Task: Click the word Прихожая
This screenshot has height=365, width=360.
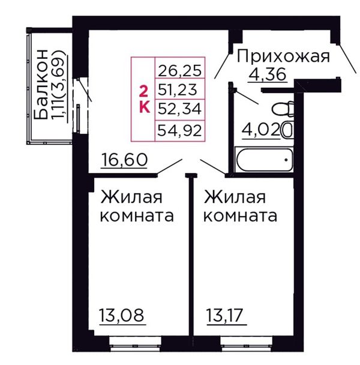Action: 283,56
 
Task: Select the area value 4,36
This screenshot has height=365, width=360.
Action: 268,74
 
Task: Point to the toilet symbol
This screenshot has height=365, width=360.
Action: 283,109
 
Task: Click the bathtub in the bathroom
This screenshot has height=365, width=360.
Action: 265,160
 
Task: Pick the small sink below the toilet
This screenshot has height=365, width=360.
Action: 287,130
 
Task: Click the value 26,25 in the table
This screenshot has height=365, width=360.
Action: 179,70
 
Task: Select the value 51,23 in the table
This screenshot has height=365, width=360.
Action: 178,89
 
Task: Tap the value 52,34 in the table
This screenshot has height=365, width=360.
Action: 179,109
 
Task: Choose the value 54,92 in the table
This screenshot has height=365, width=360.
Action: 179,130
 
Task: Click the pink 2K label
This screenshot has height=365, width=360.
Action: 144,98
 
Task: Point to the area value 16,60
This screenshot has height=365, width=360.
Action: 124,160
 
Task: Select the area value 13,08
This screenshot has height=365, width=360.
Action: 122,315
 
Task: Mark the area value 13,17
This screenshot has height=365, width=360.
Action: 225,315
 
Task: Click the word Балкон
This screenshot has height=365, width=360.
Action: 41,85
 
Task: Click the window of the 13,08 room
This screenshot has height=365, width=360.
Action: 135,343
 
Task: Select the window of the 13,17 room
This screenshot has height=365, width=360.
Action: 247,343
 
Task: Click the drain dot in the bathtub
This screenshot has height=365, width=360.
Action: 286,160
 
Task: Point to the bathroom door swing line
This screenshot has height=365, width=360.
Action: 247,97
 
